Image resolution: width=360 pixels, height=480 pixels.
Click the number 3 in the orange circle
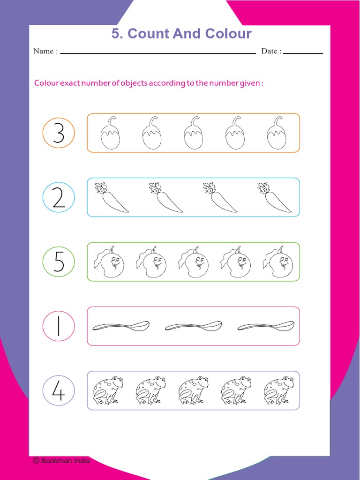pyautogui.click(x=59, y=134)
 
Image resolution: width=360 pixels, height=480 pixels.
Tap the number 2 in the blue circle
pyautogui.click(x=59, y=198)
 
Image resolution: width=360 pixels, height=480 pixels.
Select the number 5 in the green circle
pyautogui.click(x=59, y=262)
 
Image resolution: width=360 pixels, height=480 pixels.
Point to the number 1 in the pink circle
pyautogui.click(x=59, y=326)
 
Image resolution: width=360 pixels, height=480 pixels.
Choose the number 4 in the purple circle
pyautogui.click(x=59, y=391)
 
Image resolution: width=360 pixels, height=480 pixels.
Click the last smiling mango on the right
pyautogui.click(x=278, y=262)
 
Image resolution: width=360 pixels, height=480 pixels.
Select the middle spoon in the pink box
pyautogui.click(x=194, y=326)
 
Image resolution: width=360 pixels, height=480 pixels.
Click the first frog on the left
pyautogui.click(x=107, y=390)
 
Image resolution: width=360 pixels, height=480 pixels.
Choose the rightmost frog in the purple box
pyautogui.click(x=278, y=390)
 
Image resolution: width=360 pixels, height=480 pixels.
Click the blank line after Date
pyautogui.click(x=303, y=52)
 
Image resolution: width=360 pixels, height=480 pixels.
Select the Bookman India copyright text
pyautogui.click(x=61, y=460)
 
